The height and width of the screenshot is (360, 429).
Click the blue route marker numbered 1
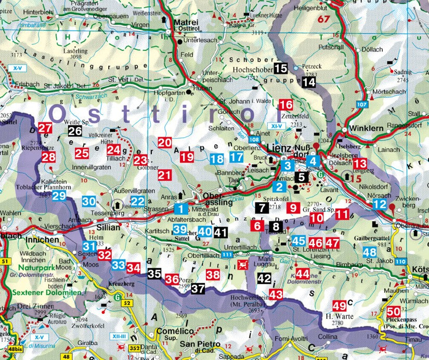pos(180,209)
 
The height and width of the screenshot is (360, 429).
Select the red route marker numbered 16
pos(286,104)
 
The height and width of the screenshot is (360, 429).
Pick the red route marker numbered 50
pos(394,312)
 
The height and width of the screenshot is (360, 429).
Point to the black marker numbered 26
pos(75,131)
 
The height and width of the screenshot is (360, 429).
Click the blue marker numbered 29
pos(58,196)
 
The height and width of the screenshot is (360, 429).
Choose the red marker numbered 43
pos(276,295)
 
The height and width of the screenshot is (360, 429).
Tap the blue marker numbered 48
pos(370,252)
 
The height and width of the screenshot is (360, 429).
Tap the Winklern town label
pos(361,128)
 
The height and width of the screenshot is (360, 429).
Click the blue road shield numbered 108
pos(254,140)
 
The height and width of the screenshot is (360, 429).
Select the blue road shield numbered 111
pos(226,255)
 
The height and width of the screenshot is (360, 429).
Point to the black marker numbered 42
pos(264,278)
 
